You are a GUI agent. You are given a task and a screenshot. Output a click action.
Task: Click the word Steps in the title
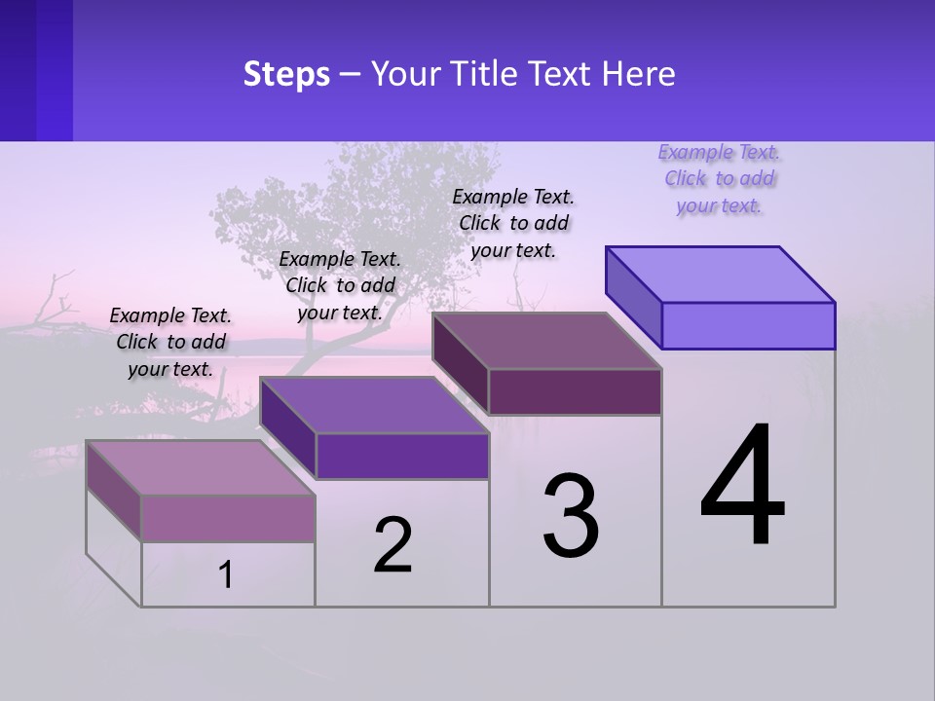[x=286, y=75]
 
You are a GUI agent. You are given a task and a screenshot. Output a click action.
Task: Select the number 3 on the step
[x=571, y=515]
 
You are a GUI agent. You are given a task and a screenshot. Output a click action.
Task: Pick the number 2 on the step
[x=393, y=545]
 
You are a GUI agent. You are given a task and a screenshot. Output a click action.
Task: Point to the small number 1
[x=226, y=575]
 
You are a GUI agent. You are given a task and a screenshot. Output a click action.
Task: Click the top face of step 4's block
[x=721, y=274]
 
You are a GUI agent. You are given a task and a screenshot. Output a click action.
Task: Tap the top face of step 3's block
[x=547, y=341]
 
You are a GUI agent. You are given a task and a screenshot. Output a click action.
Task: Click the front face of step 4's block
[x=748, y=325]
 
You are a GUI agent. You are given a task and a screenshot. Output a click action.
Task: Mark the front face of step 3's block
[x=575, y=391]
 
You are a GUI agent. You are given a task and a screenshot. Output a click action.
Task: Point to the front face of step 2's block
[x=402, y=456]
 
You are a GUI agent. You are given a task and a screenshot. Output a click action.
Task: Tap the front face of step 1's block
[x=228, y=518]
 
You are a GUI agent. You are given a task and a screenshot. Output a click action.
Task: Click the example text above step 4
[x=720, y=178]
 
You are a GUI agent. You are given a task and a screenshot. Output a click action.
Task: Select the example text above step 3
[x=513, y=223]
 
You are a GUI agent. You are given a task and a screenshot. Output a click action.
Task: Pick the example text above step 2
[x=340, y=285]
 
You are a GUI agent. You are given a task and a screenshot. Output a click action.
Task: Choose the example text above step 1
[x=170, y=342]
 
